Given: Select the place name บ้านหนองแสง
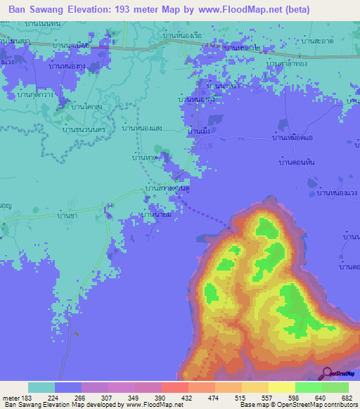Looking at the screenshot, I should tap(143, 128).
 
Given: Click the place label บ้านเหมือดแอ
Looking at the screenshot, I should tap(290, 139).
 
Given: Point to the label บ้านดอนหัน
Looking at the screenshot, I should tap(290, 162).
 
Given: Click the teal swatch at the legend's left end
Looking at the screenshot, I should tap(41, 387).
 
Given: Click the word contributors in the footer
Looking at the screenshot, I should tap(337, 405).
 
